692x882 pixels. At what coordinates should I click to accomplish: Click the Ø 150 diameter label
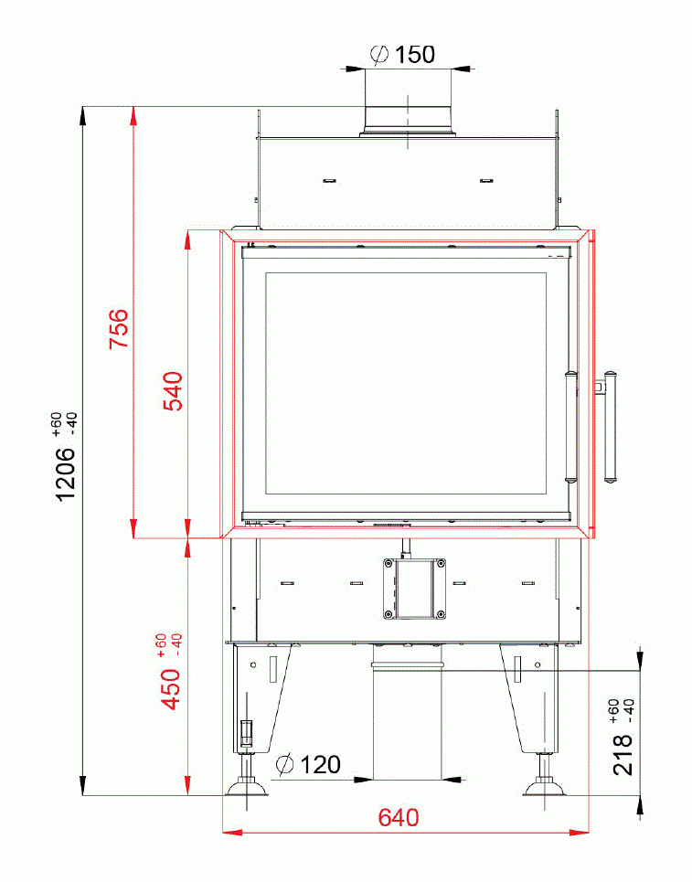tap(403, 54)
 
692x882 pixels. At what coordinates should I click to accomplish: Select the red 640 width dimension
tap(399, 817)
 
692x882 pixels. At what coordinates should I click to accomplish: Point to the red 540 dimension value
tap(173, 391)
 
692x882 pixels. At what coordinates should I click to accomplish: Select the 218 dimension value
tap(623, 755)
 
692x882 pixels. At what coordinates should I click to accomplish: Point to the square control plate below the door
tap(416, 587)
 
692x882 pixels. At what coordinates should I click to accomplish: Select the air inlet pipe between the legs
tap(408, 722)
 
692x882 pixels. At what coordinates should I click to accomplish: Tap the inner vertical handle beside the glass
tap(571, 425)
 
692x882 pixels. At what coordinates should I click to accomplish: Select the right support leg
tap(530, 699)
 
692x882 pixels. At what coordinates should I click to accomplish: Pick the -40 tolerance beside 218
tap(628, 707)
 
